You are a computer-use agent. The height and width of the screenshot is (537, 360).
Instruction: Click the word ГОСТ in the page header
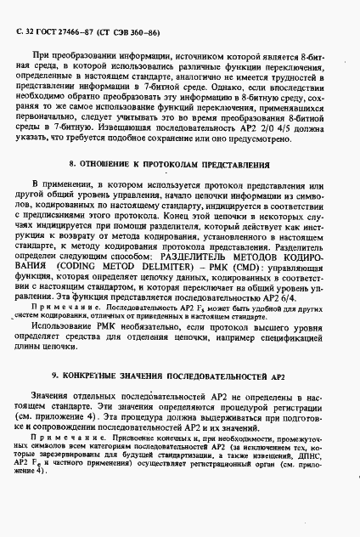(45, 31)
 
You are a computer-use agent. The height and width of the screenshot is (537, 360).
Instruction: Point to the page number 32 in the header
(26, 31)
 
